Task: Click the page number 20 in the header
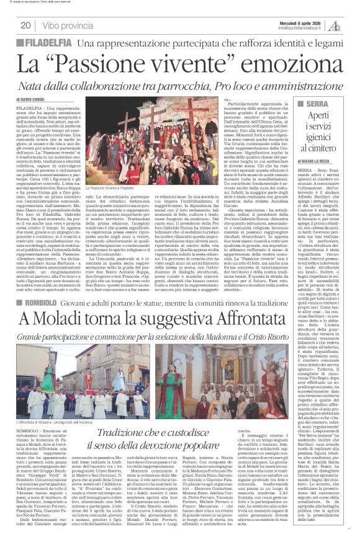click(x=25, y=25)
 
